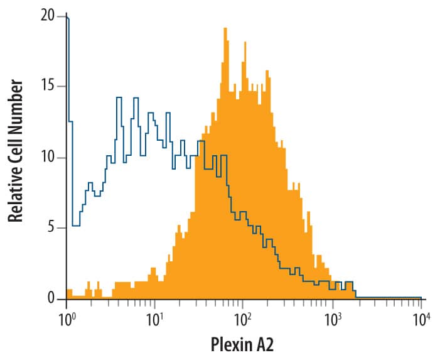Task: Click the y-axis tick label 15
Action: pos(49,87)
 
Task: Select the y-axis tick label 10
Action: pos(49,157)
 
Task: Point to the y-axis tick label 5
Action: pos(53,227)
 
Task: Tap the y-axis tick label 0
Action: pos(53,298)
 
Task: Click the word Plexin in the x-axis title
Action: pos(230,344)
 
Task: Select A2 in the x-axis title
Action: pos(264,344)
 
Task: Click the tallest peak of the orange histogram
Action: pos(225,30)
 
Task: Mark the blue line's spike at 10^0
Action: pos(67,19)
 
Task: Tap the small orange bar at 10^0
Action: pos(68,293)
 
